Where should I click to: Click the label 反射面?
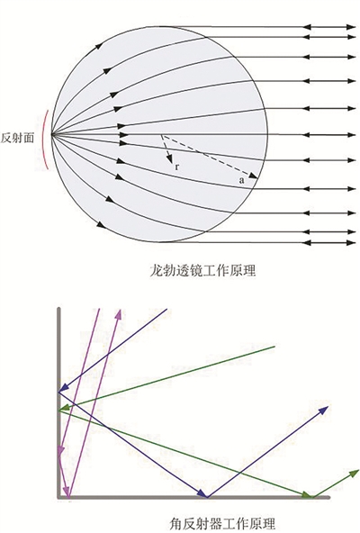tap(17, 138)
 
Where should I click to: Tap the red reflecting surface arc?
tap(43, 140)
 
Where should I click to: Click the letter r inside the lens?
tap(176, 167)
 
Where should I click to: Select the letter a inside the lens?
tap(241, 180)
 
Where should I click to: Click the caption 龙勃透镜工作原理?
tap(202, 271)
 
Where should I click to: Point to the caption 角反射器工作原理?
tap(222, 524)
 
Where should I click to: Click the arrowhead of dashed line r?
tap(169, 158)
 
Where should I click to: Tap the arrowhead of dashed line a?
tap(253, 176)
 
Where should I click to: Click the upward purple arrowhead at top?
tap(119, 314)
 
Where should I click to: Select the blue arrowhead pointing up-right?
tap(323, 410)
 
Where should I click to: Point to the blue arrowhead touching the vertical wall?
tap(64, 388)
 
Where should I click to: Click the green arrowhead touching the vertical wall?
tap(65, 408)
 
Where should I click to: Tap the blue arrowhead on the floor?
tap(202, 492)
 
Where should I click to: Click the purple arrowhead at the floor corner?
tap(67, 492)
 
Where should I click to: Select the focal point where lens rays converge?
tap(51, 135)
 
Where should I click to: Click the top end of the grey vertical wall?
tap(58, 309)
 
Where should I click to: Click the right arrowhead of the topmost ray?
tap(351, 26)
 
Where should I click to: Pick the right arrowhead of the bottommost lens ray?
tap(351, 243)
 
